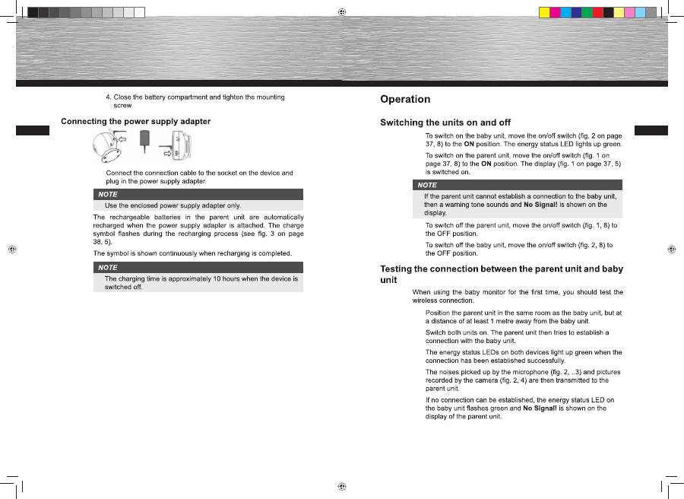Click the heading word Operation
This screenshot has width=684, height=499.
pyautogui.click(x=405, y=100)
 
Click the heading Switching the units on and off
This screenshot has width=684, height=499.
pyautogui.click(x=445, y=122)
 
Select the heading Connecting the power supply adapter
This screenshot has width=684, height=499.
pyautogui.click(x=135, y=122)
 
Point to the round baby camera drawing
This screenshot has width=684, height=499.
pyautogui.click(x=106, y=148)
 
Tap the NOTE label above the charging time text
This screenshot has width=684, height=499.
pyautogui.click(x=108, y=268)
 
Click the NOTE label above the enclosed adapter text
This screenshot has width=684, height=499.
pyautogui.click(x=108, y=195)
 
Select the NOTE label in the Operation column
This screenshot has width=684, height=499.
pyautogui.click(x=427, y=185)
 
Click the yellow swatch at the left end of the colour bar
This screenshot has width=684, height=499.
pyautogui.click(x=544, y=12)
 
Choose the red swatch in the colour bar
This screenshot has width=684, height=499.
pyautogui.click(x=608, y=12)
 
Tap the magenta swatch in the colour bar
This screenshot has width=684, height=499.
pyautogui.click(x=555, y=12)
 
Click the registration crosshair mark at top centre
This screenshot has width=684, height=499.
pyautogui.click(x=342, y=12)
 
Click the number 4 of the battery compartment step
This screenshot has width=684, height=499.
pyautogui.click(x=108, y=97)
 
